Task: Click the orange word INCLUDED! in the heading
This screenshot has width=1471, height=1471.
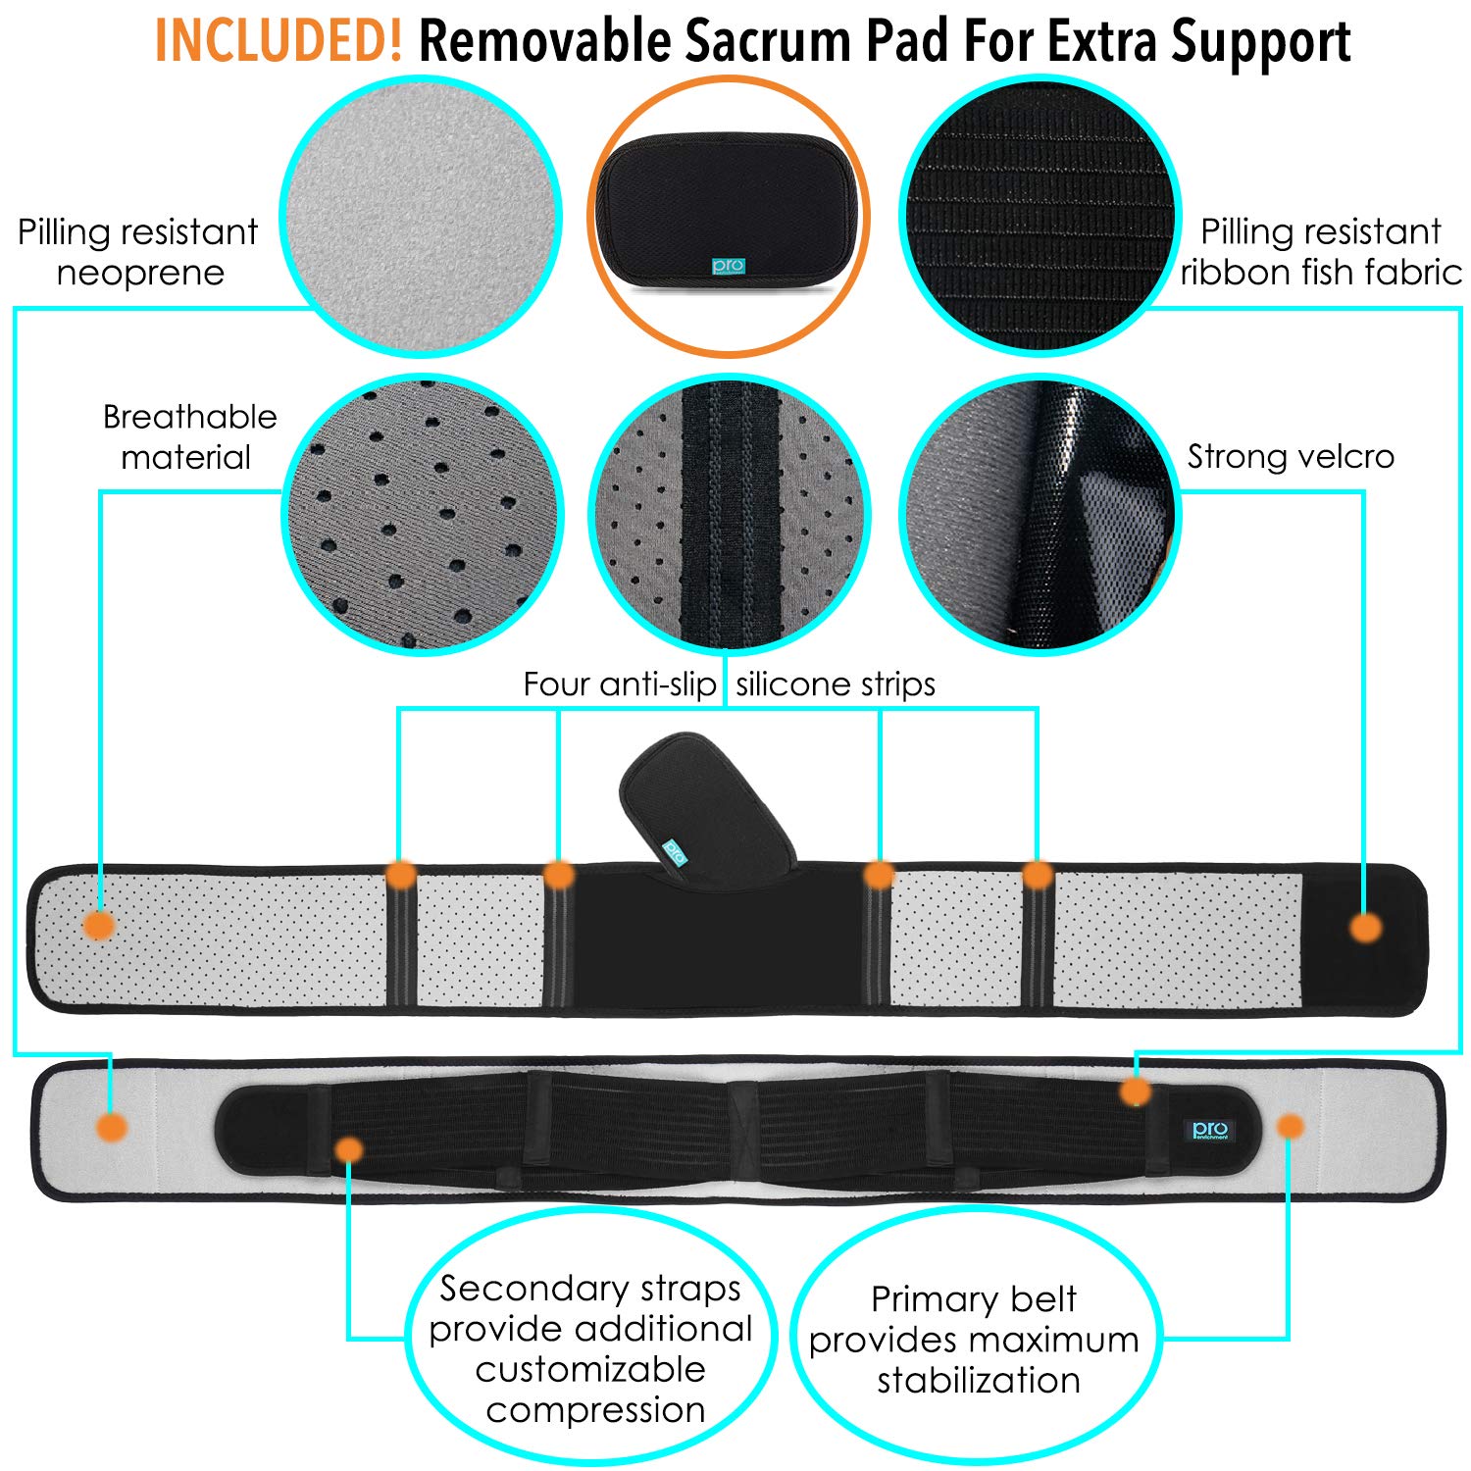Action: coord(279,41)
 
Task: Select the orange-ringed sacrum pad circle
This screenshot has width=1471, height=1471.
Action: coord(729,216)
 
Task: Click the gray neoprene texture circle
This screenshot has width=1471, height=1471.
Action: coord(421,216)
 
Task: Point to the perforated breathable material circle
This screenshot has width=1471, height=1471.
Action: coord(423,514)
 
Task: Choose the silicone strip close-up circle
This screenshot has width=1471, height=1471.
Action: coord(729,514)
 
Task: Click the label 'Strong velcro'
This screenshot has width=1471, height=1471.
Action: coord(1291,457)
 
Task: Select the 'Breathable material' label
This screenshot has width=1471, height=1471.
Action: coord(189,436)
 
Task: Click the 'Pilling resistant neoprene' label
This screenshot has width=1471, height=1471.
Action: coord(138,252)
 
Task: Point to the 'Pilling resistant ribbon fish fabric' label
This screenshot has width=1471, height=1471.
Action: coord(1321,252)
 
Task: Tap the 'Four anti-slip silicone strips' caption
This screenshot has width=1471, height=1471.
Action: coord(729,685)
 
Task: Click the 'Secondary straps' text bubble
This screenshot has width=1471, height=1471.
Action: coord(590,1347)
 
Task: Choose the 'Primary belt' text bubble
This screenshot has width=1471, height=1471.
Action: coord(975,1340)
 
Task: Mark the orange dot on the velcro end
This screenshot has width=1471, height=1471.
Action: coord(1365,927)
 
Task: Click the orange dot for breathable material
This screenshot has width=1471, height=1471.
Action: coord(99,924)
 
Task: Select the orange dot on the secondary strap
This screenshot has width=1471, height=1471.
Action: coord(348,1149)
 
